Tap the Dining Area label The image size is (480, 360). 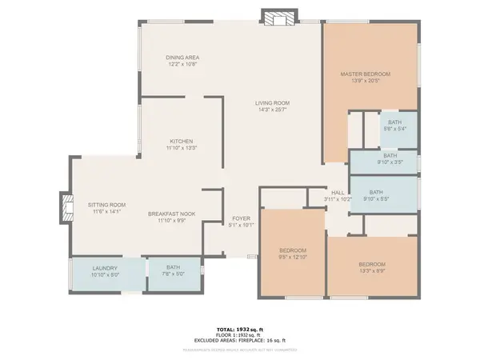click(182, 58)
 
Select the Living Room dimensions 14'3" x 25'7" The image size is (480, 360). click(272, 110)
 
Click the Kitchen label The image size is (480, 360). click(181, 141)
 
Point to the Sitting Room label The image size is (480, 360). click(106, 205)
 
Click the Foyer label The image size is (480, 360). click(242, 218)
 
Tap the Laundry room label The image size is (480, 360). click(106, 268)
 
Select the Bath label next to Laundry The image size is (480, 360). click(174, 268)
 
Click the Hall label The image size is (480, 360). click(338, 192)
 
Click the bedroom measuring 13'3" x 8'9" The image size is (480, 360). click(372, 265)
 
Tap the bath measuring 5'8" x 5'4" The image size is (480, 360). click(390, 122)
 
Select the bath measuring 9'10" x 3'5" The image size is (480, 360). click(390, 156)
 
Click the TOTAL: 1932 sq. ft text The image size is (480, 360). click(240, 329)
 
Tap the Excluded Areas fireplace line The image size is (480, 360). click(240, 340)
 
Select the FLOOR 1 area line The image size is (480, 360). click(240, 334)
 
